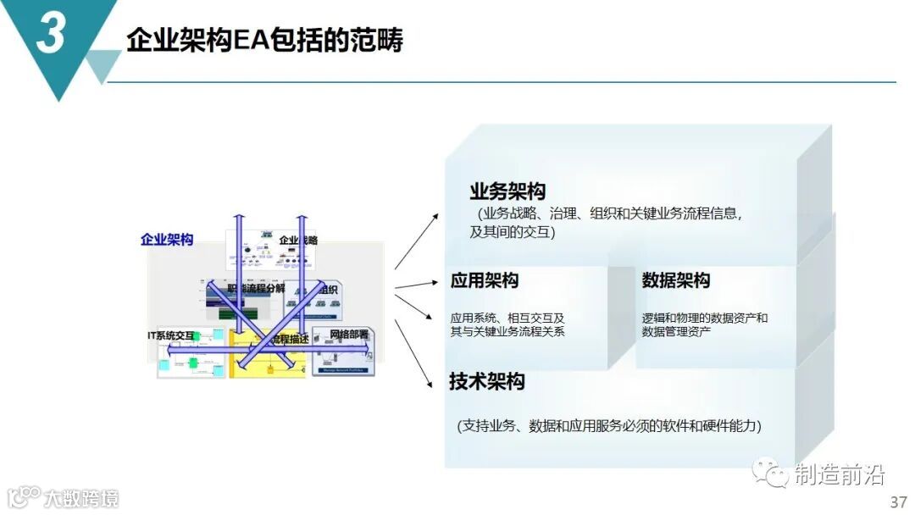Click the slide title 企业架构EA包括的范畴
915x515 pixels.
coord(264,40)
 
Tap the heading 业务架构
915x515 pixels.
coord(507,191)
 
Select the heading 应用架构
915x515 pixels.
coord(485,280)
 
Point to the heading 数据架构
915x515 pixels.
coord(676,280)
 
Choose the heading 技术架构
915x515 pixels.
coord(487,381)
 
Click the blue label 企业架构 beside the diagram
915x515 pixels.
coord(167,239)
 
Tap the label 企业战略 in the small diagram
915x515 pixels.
coord(298,240)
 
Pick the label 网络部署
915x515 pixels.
coord(349,334)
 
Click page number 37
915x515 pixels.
coord(898,501)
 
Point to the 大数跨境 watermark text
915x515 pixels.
coord(81,497)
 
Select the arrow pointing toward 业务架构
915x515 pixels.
coord(417,241)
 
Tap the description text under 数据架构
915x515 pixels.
coord(704,324)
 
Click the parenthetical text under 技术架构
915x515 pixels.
coord(608,425)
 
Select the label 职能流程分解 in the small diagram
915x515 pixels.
coord(256,288)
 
